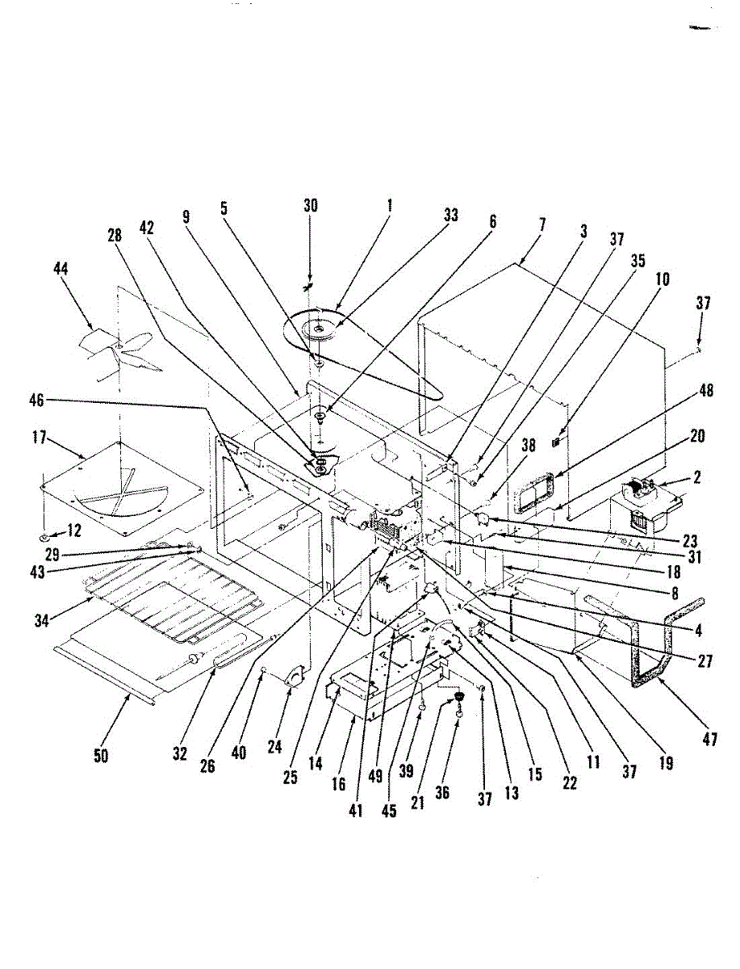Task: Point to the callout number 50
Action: [102, 756]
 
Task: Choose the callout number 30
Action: [311, 206]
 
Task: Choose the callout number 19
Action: [666, 761]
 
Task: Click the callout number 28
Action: [115, 237]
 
